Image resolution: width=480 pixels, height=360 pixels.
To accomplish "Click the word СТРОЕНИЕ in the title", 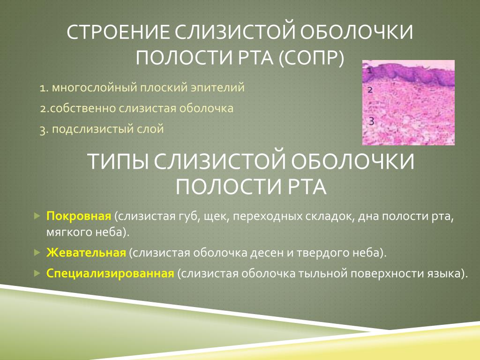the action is coord(118,32).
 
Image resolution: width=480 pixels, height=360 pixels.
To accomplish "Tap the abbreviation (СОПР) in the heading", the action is coord(311,57).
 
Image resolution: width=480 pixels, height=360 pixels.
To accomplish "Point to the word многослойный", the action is coord(94,88).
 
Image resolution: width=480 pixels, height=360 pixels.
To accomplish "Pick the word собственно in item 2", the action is coord(82,108).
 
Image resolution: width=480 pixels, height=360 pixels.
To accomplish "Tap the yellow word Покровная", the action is coord(79,216).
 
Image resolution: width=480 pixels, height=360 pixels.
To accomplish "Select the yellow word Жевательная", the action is coord(86,253).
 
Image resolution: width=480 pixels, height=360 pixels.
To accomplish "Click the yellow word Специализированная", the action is coord(110,273).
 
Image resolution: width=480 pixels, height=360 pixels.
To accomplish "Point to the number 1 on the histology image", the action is coord(369,71).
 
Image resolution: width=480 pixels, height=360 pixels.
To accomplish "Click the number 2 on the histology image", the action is coord(370,90).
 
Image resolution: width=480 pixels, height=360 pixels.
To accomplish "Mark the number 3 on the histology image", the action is coord(371,121).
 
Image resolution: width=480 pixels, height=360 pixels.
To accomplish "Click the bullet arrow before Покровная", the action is coord(37,216).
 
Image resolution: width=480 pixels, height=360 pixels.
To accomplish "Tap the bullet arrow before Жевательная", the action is coord(37,253).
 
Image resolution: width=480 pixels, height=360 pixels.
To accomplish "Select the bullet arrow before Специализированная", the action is coord(37,273).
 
